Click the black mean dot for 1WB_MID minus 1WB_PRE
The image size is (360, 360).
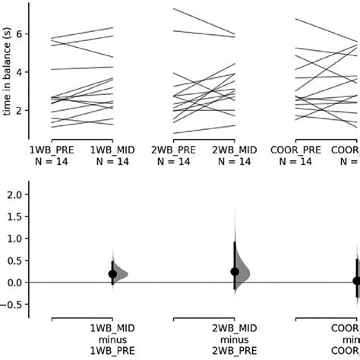(x=112, y=274)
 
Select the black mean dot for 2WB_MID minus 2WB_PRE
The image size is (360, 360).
(x=235, y=271)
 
